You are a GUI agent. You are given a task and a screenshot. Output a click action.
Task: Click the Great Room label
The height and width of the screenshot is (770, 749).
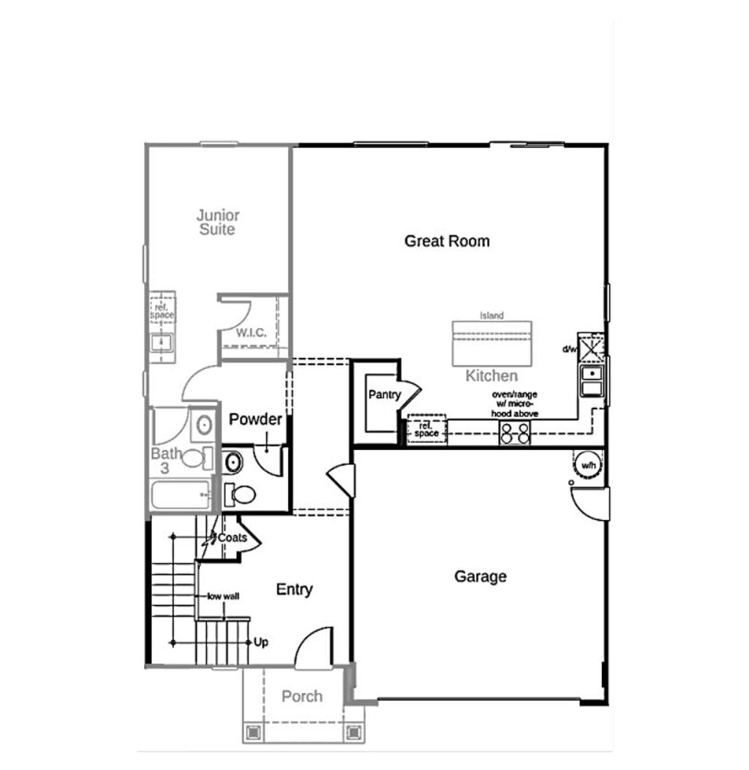coord(447,241)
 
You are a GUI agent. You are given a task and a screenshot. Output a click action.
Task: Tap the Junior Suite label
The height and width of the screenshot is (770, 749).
coord(218,222)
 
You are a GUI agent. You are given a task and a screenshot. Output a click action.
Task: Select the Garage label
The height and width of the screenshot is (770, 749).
coord(481,576)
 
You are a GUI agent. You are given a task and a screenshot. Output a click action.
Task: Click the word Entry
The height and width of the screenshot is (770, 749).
coord(294,589)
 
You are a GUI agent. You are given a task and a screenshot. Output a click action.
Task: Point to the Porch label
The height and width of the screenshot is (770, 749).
coord(302,695)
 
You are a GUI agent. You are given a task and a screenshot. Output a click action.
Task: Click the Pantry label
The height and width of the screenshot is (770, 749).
coord(385,394)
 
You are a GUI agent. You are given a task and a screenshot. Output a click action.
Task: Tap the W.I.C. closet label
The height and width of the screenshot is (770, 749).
coord(252,332)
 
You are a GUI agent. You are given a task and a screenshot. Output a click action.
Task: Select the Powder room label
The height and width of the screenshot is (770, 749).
coord(255,419)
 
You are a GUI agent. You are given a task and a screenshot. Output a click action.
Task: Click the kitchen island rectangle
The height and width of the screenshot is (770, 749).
coord(492,343)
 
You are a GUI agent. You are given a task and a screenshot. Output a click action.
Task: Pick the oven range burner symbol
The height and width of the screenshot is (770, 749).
coord(515,434)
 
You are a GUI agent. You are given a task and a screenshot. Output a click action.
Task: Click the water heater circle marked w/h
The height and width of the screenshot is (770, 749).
coord(588,465)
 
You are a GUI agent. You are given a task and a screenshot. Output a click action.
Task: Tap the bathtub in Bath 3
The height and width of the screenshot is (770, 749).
coord(181,495)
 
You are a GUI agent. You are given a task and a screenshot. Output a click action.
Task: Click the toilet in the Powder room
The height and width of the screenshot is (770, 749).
coord(240,495)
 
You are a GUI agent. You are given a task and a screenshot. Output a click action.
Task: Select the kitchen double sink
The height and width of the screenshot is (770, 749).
coord(592,381)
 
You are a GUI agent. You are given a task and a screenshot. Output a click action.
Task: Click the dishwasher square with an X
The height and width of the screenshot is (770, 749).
coord(591,348)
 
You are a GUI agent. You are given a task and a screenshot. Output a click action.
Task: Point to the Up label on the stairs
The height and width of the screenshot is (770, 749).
coord(260,642)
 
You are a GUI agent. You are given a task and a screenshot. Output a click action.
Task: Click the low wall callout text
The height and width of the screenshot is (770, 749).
coord(223,596)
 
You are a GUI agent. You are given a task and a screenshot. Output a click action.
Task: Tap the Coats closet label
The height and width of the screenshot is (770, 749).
coord(232,538)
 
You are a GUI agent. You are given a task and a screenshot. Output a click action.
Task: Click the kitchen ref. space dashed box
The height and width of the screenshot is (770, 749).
coord(426,429)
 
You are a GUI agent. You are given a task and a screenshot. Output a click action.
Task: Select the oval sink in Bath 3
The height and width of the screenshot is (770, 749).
coord(204,424)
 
